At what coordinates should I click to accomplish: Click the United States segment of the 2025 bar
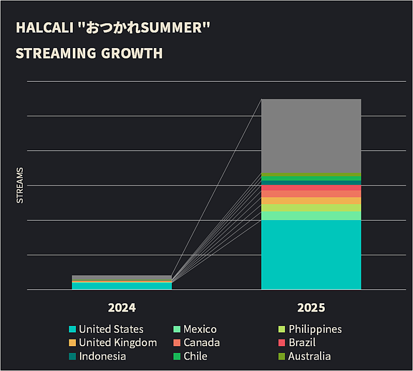311,255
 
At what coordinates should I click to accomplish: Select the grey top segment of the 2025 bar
311,135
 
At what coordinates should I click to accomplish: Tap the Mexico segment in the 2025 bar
311,215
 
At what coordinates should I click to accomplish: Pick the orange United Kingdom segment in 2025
311,200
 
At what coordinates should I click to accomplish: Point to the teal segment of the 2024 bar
122,286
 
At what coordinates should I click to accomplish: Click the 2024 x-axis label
122,308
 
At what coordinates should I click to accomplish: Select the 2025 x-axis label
311,308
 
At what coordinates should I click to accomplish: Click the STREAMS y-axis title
20,185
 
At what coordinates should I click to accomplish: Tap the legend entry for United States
106,329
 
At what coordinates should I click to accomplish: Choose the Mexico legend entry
195,329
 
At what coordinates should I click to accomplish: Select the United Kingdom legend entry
113,343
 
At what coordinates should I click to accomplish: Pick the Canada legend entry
196,343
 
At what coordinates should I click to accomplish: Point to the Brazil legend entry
296,343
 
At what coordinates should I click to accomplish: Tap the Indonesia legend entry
97,356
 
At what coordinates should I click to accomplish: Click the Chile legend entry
190,356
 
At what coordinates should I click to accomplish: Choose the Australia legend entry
304,356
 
